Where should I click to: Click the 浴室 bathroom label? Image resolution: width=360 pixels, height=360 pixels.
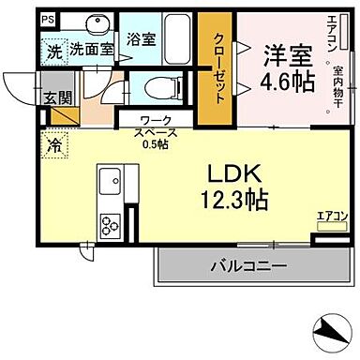[141, 40]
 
